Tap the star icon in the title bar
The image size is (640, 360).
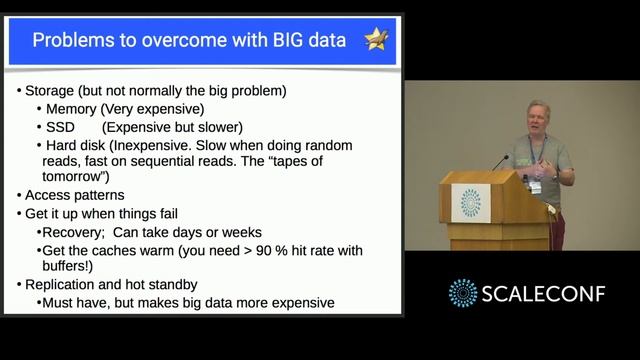(x=376, y=40)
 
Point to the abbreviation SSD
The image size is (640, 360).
(x=60, y=127)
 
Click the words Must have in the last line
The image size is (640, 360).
(x=79, y=302)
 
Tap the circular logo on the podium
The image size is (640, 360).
(x=470, y=202)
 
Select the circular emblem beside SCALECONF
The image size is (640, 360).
(x=463, y=293)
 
